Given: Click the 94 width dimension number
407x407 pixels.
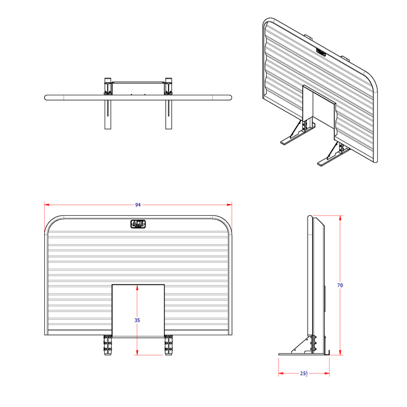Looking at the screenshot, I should click(138, 205).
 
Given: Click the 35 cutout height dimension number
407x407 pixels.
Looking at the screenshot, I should click(137, 320).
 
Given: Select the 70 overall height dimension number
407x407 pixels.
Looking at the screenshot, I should click(340, 285).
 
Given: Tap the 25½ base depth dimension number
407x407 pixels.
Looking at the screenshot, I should click(304, 374).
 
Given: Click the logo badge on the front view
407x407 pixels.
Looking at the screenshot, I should click(139, 224).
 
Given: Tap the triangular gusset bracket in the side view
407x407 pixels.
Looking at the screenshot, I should click(302, 344).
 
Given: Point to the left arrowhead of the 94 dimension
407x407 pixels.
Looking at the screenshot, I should click(47, 205).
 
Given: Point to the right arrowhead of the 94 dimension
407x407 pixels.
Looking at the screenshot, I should click(230, 205).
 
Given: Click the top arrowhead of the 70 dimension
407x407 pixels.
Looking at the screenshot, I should click(340, 217).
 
